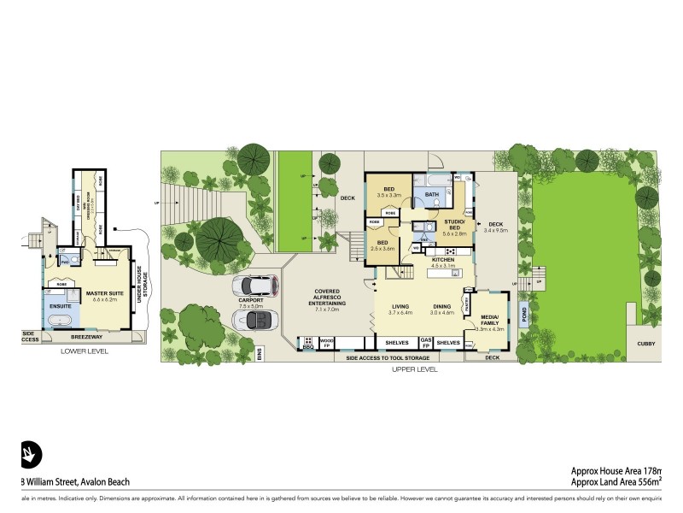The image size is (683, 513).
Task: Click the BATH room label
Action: [x=432, y=194]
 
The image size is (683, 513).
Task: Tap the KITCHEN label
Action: [x=442, y=259]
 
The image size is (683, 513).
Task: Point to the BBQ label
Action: [x=307, y=347]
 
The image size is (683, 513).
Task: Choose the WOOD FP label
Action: [x=326, y=342]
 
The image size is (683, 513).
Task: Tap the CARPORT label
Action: [x=251, y=301]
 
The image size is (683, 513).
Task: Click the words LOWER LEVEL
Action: [x=84, y=351]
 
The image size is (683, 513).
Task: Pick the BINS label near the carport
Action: [x=260, y=353]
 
